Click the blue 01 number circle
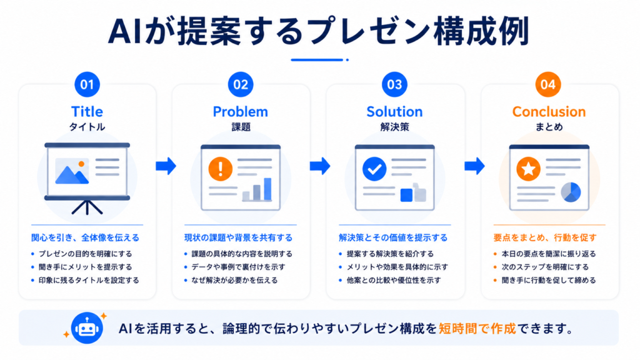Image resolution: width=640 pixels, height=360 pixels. click(87, 84)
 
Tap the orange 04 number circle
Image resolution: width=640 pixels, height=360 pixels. click(547, 84)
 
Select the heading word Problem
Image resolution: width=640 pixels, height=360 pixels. click(241, 111)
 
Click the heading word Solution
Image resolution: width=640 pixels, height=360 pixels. click(394, 111)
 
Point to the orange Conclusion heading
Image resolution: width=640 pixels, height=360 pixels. click(549, 111)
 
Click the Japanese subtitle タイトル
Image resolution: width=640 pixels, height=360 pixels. click(87, 127)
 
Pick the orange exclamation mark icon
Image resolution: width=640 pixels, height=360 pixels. click(221, 169)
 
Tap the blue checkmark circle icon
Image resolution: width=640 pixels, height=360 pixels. click(374, 169)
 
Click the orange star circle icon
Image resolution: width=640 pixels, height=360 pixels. click(529, 169)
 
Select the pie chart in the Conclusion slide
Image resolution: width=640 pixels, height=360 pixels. click(571, 192)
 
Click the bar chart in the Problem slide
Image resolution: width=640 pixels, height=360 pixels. click(257, 189)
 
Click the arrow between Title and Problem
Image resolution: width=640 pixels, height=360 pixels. click(166, 166)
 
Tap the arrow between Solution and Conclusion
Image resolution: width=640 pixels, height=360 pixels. click(474, 166)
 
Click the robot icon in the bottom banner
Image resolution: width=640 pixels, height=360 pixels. click(86, 327)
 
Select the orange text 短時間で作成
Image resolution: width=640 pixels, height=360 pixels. click(477, 329)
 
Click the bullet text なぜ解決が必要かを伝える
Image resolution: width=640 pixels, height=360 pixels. click(235, 281)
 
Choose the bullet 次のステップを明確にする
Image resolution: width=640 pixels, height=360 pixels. click(545, 267)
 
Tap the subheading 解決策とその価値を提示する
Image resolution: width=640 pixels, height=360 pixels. click(393, 237)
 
